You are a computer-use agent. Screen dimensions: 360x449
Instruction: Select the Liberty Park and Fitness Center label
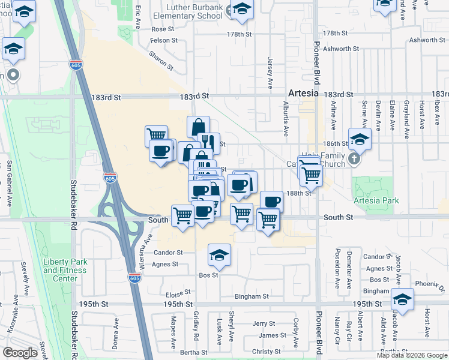65,270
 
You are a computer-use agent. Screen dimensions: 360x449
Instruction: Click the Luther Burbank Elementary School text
188,11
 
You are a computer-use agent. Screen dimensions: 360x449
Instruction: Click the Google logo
20,353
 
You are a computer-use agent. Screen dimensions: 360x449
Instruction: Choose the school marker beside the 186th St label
360,140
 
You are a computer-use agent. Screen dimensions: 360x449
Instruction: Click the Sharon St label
161,60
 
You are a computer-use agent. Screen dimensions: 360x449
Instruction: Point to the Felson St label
163,40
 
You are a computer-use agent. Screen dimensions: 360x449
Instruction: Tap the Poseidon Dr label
337,263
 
